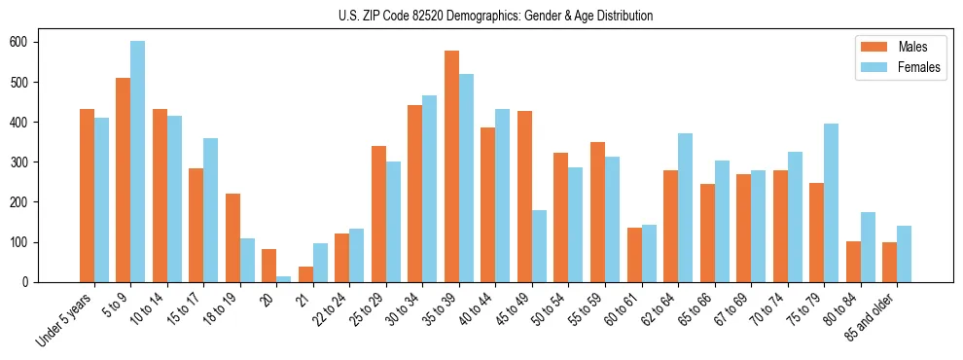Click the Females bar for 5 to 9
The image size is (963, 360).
click(x=138, y=162)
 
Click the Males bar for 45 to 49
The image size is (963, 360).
click(x=524, y=197)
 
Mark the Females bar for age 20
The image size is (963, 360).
click(x=284, y=279)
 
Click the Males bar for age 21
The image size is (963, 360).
click(x=305, y=274)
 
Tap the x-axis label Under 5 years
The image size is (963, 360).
click(x=66, y=317)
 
